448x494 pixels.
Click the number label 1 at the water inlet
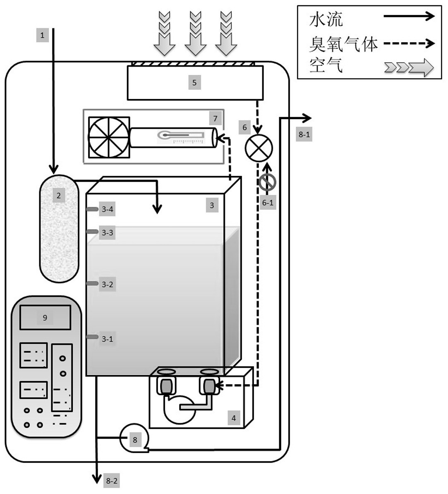[x=42, y=35]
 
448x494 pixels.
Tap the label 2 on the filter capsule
[x=58, y=195]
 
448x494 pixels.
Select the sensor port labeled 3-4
[x=92, y=209]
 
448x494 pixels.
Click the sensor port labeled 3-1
[x=92, y=337]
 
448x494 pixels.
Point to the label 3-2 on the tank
[x=107, y=285]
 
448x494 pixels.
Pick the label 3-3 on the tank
[x=107, y=233]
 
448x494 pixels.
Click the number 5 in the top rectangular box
[x=194, y=83]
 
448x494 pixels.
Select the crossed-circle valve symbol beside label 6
[x=259, y=148]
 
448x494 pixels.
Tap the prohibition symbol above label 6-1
[x=268, y=182]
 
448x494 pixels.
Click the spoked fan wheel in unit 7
[x=109, y=137]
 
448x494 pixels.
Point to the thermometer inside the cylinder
[x=181, y=135]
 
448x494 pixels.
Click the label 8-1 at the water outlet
[x=304, y=134]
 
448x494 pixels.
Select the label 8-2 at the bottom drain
[x=112, y=481]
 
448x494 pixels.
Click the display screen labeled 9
[x=45, y=318]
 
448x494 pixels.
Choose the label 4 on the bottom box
[x=234, y=418]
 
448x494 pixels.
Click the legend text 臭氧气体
[x=343, y=43]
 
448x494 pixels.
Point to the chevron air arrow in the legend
[x=409, y=67]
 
